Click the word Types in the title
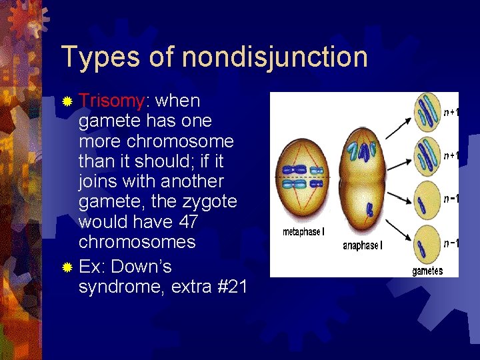coord(99,57)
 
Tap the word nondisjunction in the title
coord(274,57)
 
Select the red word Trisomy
coord(111,101)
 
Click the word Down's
coord(141,267)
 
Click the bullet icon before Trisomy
coord(67,102)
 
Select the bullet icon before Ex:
coord(67,268)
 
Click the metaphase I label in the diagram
coord(304,232)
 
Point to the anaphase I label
coord(362,245)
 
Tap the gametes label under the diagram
coord(427,271)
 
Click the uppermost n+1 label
coord(451,113)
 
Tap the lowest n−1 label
coord(451,243)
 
